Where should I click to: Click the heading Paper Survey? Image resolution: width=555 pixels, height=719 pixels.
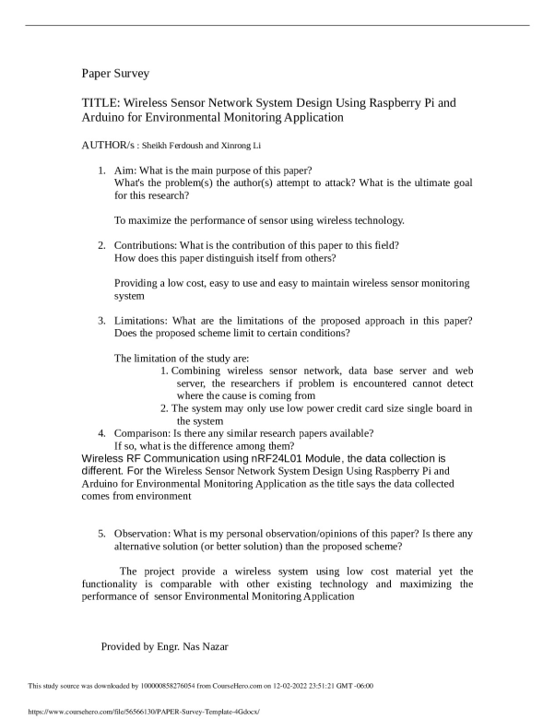coord(115,73)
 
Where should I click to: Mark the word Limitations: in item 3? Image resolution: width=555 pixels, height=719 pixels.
coord(144,320)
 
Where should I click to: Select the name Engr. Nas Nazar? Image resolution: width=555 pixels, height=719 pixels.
coord(190,646)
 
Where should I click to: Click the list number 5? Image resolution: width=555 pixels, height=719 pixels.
coord(102,534)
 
